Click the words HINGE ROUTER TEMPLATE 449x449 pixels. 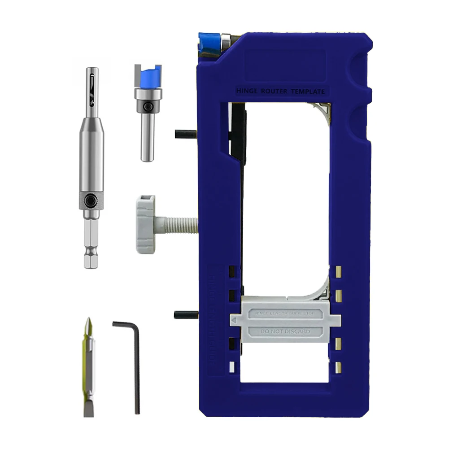(280, 91)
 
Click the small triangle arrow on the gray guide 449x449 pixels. (234, 319)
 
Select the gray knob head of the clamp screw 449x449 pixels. (146, 224)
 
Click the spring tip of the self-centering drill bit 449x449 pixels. (92, 83)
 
